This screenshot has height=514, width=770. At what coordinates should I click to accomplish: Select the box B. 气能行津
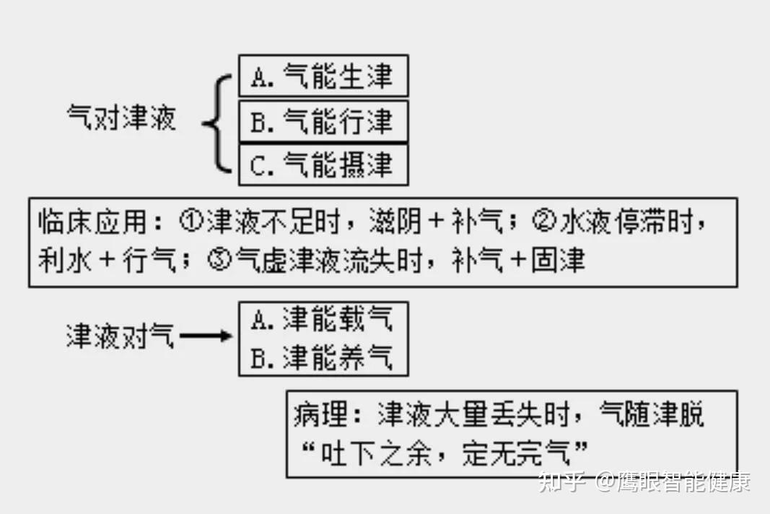[323, 121]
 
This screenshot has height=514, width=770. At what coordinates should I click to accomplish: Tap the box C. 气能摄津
[323, 165]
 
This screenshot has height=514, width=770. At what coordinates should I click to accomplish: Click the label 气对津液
[121, 118]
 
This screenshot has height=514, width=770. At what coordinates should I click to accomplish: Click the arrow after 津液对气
[206, 336]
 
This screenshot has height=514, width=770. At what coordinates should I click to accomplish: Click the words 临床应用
[92, 222]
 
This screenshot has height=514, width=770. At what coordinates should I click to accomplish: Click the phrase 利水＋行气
[107, 261]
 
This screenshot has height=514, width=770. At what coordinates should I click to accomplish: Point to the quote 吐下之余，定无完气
[444, 454]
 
